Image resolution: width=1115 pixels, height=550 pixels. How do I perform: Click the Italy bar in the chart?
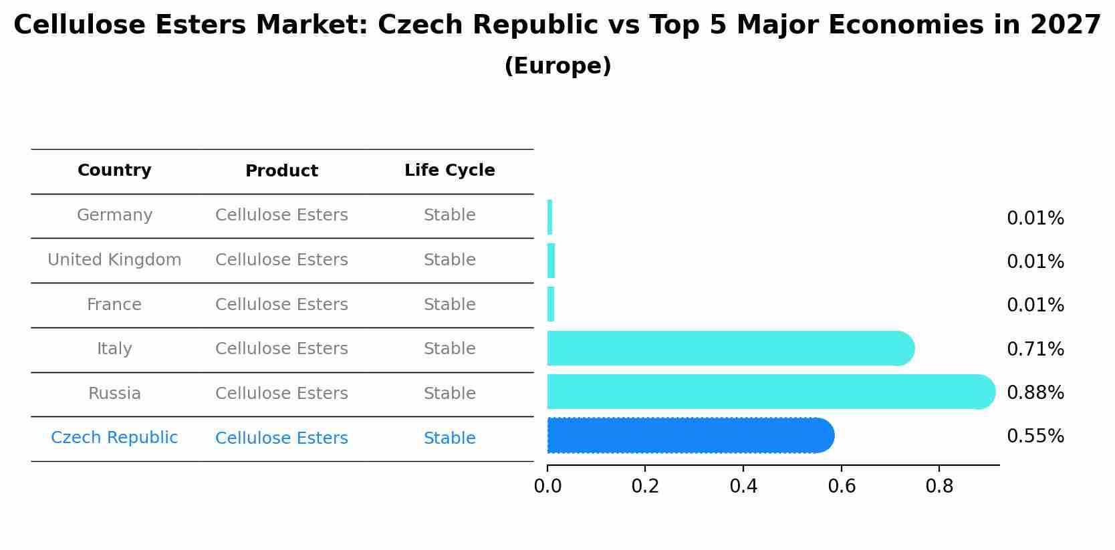point(729,348)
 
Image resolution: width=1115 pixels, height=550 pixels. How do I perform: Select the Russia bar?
point(769,392)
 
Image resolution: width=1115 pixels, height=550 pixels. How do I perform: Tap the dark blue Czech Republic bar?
point(689,436)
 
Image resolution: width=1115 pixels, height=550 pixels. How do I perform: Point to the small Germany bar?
point(549,217)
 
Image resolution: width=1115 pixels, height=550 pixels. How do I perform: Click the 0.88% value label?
point(1035,392)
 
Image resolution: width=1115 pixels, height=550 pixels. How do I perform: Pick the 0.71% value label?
point(1035,349)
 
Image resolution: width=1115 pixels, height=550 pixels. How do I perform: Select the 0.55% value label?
point(1035,436)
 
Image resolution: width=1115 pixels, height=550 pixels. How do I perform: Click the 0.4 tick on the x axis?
point(743,487)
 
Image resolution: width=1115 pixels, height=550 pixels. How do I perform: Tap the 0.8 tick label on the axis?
point(939,487)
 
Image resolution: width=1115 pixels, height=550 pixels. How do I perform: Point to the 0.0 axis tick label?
point(547,487)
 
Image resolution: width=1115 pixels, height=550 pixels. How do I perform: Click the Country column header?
point(114,170)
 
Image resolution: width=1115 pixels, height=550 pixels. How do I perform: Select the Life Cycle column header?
point(449,170)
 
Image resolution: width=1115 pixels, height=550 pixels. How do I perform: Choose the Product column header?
point(281,171)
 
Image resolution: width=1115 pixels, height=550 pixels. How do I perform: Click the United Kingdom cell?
point(114,260)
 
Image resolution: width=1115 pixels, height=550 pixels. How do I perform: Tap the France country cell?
point(114,305)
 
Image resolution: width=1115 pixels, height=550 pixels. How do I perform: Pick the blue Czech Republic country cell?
point(114,438)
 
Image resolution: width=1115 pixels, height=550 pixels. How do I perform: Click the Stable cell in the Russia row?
point(449,394)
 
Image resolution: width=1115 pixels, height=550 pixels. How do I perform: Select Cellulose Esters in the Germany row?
point(281,215)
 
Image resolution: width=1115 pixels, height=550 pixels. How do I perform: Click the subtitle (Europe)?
point(557,66)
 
